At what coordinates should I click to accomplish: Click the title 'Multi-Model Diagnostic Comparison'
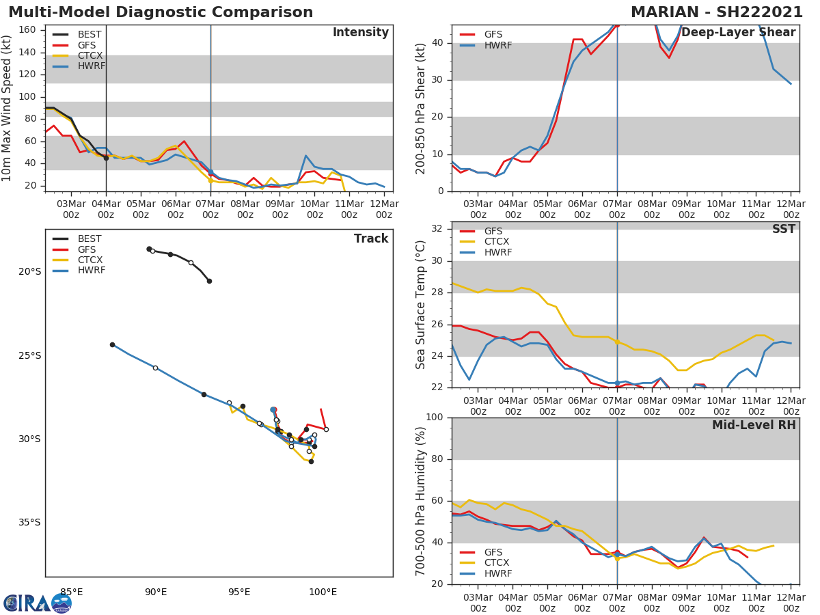(x=161, y=12)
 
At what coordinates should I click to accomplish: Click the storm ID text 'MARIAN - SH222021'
(x=717, y=12)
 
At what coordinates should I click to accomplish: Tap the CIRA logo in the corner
(x=38, y=603)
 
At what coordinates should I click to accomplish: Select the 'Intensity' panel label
(x=360, y=33)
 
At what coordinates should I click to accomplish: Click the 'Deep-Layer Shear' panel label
(x=738, y=33)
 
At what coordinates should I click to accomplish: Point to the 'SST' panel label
(x=784, y=230)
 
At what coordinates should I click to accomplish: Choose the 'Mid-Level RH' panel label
(x=754, y=426)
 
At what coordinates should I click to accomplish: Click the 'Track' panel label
(x=371, y=239)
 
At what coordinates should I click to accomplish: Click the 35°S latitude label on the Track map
(x=29, y=523)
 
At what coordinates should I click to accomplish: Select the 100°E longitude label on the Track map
(x=323, y=592)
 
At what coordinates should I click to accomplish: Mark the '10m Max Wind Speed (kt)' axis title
(x=8, y=108)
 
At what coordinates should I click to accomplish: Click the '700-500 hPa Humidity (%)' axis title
(x=421, y=501)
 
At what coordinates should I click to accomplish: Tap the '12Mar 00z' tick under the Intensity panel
(x=384, y=209)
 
